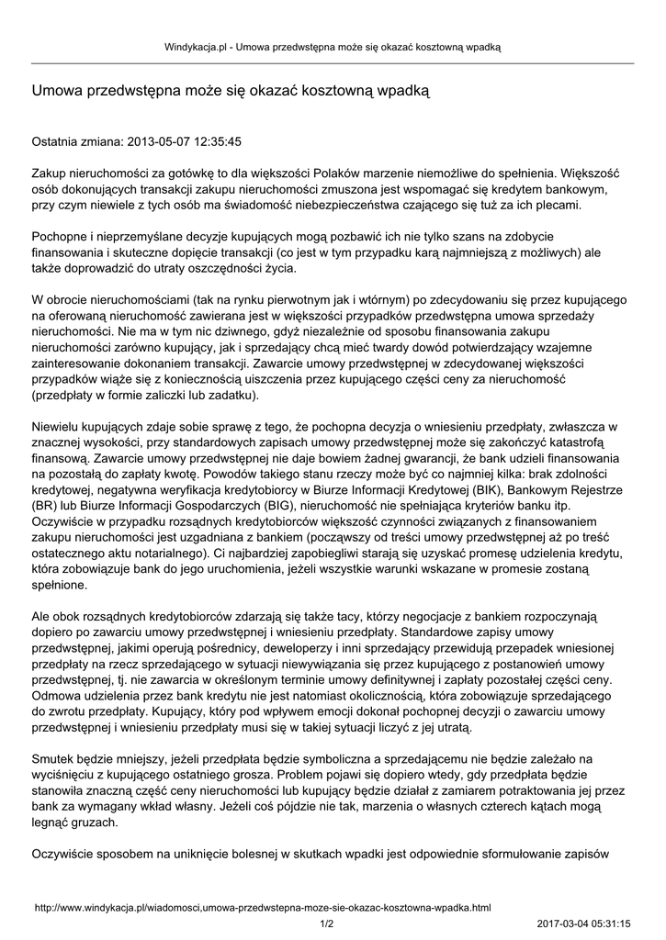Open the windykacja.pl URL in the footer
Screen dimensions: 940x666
coord(263,907)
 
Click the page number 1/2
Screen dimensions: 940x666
coord(326,923)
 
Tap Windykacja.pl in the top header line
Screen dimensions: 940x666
coord(196,46)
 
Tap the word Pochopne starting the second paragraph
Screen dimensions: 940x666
coord(61,236)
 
